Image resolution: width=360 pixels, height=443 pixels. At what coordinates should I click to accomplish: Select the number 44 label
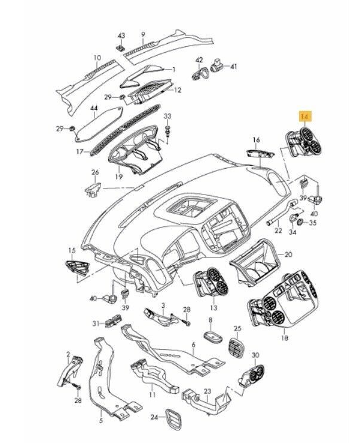click(93, 108)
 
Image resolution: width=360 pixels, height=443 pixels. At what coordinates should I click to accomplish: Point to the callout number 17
click(79, 153)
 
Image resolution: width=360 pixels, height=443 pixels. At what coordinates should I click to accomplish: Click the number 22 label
click(277, 230)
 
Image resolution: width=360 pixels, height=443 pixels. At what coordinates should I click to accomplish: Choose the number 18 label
click(284, 338)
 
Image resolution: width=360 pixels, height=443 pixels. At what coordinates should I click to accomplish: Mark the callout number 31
click(94, 324)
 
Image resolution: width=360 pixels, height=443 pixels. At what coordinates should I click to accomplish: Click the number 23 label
click(208, 392)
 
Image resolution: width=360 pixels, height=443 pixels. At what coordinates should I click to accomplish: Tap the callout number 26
click(94, 174)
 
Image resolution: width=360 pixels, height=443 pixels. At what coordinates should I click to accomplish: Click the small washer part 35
click(302, 223)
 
